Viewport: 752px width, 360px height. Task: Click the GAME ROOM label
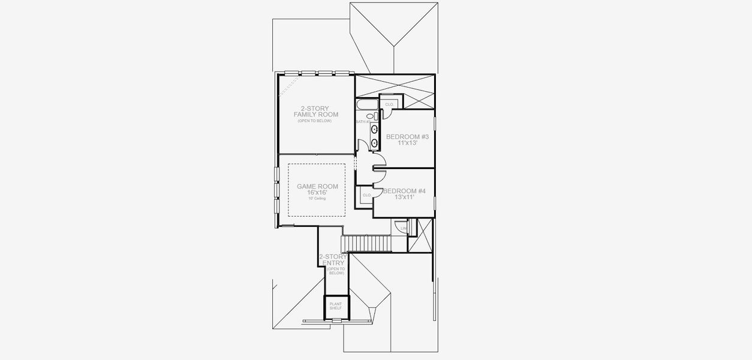point(317,187)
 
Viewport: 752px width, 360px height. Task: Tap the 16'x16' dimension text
point(317,193)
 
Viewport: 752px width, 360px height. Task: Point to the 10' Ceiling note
point(317,198)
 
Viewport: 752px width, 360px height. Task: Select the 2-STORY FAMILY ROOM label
point(315,111)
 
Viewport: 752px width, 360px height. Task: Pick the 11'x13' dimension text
point(407,143)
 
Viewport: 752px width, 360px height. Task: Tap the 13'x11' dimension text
point(405,197)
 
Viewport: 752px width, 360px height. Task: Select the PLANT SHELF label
point(335,306)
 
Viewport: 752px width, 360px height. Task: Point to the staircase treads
point(366,244)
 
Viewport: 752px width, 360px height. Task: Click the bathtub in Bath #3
point(366,105)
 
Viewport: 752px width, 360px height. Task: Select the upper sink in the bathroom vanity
point(374,129)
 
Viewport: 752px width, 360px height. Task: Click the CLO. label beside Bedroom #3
point(389,104)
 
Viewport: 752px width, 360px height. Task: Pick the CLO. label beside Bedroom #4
point(366,195)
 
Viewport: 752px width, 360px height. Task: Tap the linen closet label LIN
point(404,228)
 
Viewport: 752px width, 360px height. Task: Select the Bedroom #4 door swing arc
point(379,174)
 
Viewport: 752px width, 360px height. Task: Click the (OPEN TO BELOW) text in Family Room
point(314,121)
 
